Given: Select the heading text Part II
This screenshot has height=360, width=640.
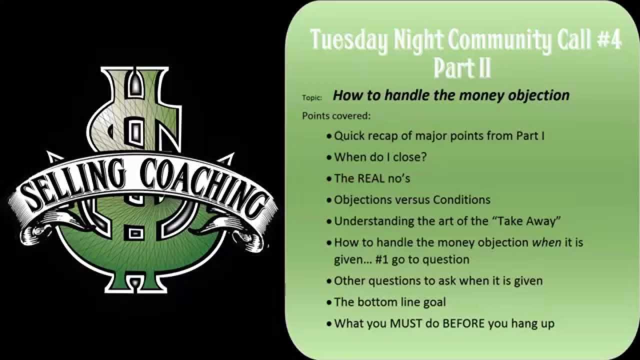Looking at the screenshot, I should pos(462,67).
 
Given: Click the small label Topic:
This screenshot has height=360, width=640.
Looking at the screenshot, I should pos(312,97).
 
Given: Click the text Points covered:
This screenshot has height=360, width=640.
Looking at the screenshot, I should pos(336,115).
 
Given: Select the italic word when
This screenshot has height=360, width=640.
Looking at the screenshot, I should pos(546,242).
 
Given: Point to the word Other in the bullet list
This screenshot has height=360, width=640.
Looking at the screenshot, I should pos(349,280).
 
